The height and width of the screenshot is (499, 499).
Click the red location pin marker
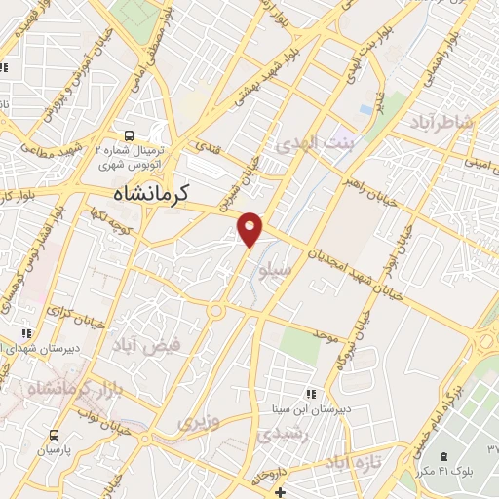[x=250, y=228]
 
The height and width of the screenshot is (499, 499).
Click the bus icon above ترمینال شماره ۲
[x=127, y=135]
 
